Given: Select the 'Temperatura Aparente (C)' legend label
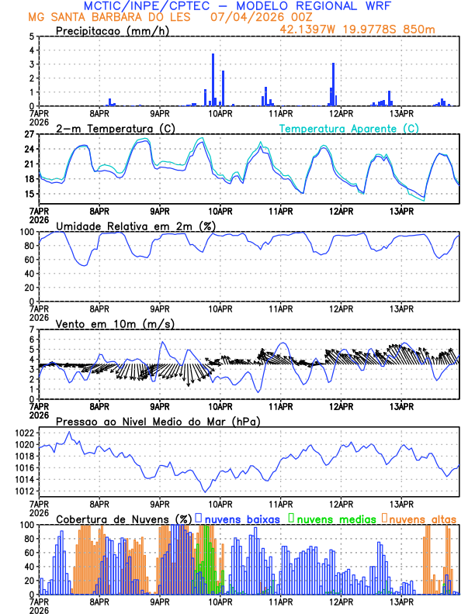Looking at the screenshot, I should click(349, 128).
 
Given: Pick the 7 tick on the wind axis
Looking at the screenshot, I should click(32, 330).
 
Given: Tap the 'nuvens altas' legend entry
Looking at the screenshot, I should click(422, 518).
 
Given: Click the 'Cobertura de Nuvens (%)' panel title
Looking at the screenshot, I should click(123, 518).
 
